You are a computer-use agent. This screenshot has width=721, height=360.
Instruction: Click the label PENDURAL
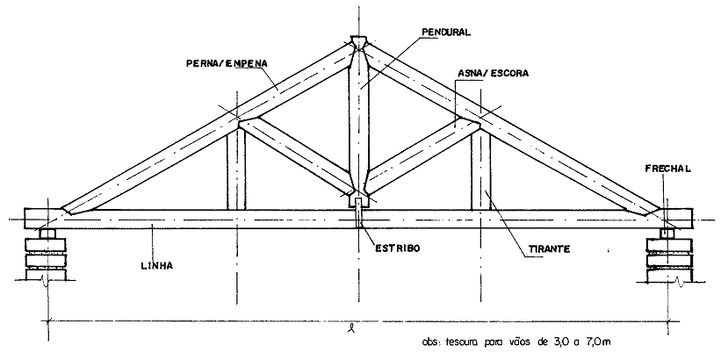(447, 31)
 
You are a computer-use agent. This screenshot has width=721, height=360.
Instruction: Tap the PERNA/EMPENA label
(227, 63)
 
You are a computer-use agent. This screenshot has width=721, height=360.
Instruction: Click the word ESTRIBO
(395, 248)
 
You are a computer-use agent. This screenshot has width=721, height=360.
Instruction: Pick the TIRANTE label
(552, 249)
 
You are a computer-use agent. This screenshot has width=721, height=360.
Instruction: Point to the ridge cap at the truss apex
(358, 41)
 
